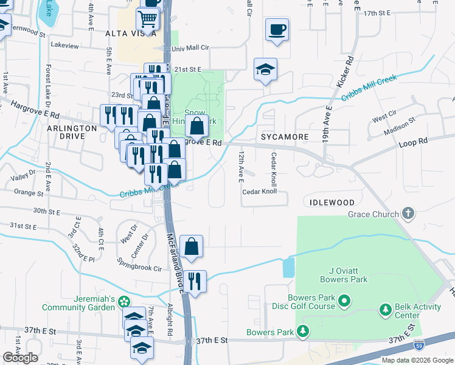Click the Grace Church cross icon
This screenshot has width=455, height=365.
click(408, 214)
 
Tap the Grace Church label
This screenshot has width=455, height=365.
click(373, 214)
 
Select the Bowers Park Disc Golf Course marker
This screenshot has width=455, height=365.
click(344, 301)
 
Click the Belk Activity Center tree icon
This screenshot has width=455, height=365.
click(385, 311)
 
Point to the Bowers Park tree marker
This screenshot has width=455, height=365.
click(303, 332)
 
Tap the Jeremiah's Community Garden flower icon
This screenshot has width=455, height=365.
click(125, 301)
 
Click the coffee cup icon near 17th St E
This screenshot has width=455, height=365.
click(277, 29)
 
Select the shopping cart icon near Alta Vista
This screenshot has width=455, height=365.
click(148, 20)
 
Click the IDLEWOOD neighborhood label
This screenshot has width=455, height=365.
click(332, 202)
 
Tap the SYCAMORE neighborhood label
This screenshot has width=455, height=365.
click(285, 137)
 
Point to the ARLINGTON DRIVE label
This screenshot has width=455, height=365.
click(72, 133)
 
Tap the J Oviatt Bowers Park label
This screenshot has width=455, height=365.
click(345, 275)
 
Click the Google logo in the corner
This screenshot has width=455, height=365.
click(20, 358)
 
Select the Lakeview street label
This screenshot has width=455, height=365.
click(65, 46)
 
